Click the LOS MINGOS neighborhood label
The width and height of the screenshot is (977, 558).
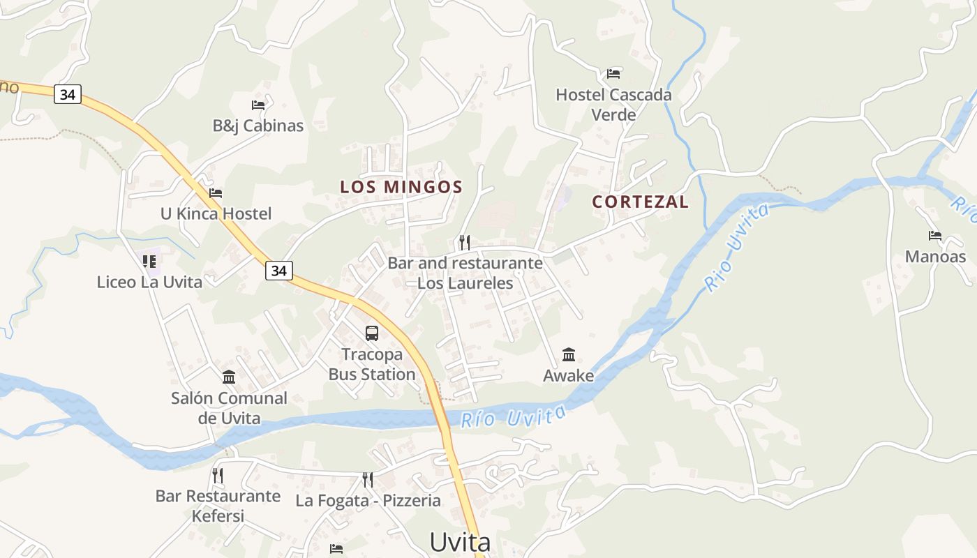401,187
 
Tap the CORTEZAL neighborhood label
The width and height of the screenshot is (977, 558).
640,202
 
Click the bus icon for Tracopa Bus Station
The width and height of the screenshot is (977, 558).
372,333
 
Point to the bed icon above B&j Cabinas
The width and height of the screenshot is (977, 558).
258,105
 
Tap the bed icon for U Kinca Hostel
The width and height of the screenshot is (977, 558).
216,193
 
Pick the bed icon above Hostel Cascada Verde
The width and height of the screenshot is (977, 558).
613,73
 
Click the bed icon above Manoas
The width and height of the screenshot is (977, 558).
935,236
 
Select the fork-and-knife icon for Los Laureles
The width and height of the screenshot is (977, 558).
465,242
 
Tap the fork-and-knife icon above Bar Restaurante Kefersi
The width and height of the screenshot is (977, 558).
218,476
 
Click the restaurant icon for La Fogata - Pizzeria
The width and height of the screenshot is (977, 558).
368,479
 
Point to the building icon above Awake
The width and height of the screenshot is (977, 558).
569,355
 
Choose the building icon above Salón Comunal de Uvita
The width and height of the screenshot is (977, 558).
229,377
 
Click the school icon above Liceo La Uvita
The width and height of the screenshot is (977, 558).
149,262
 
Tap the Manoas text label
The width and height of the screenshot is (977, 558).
935,257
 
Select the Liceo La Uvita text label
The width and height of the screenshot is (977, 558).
149,282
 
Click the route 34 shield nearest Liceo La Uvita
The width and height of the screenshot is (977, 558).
278,271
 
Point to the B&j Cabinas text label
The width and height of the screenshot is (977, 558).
258,126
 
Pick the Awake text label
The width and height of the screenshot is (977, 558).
569,376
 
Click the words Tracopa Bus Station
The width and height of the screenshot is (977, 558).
372,364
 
